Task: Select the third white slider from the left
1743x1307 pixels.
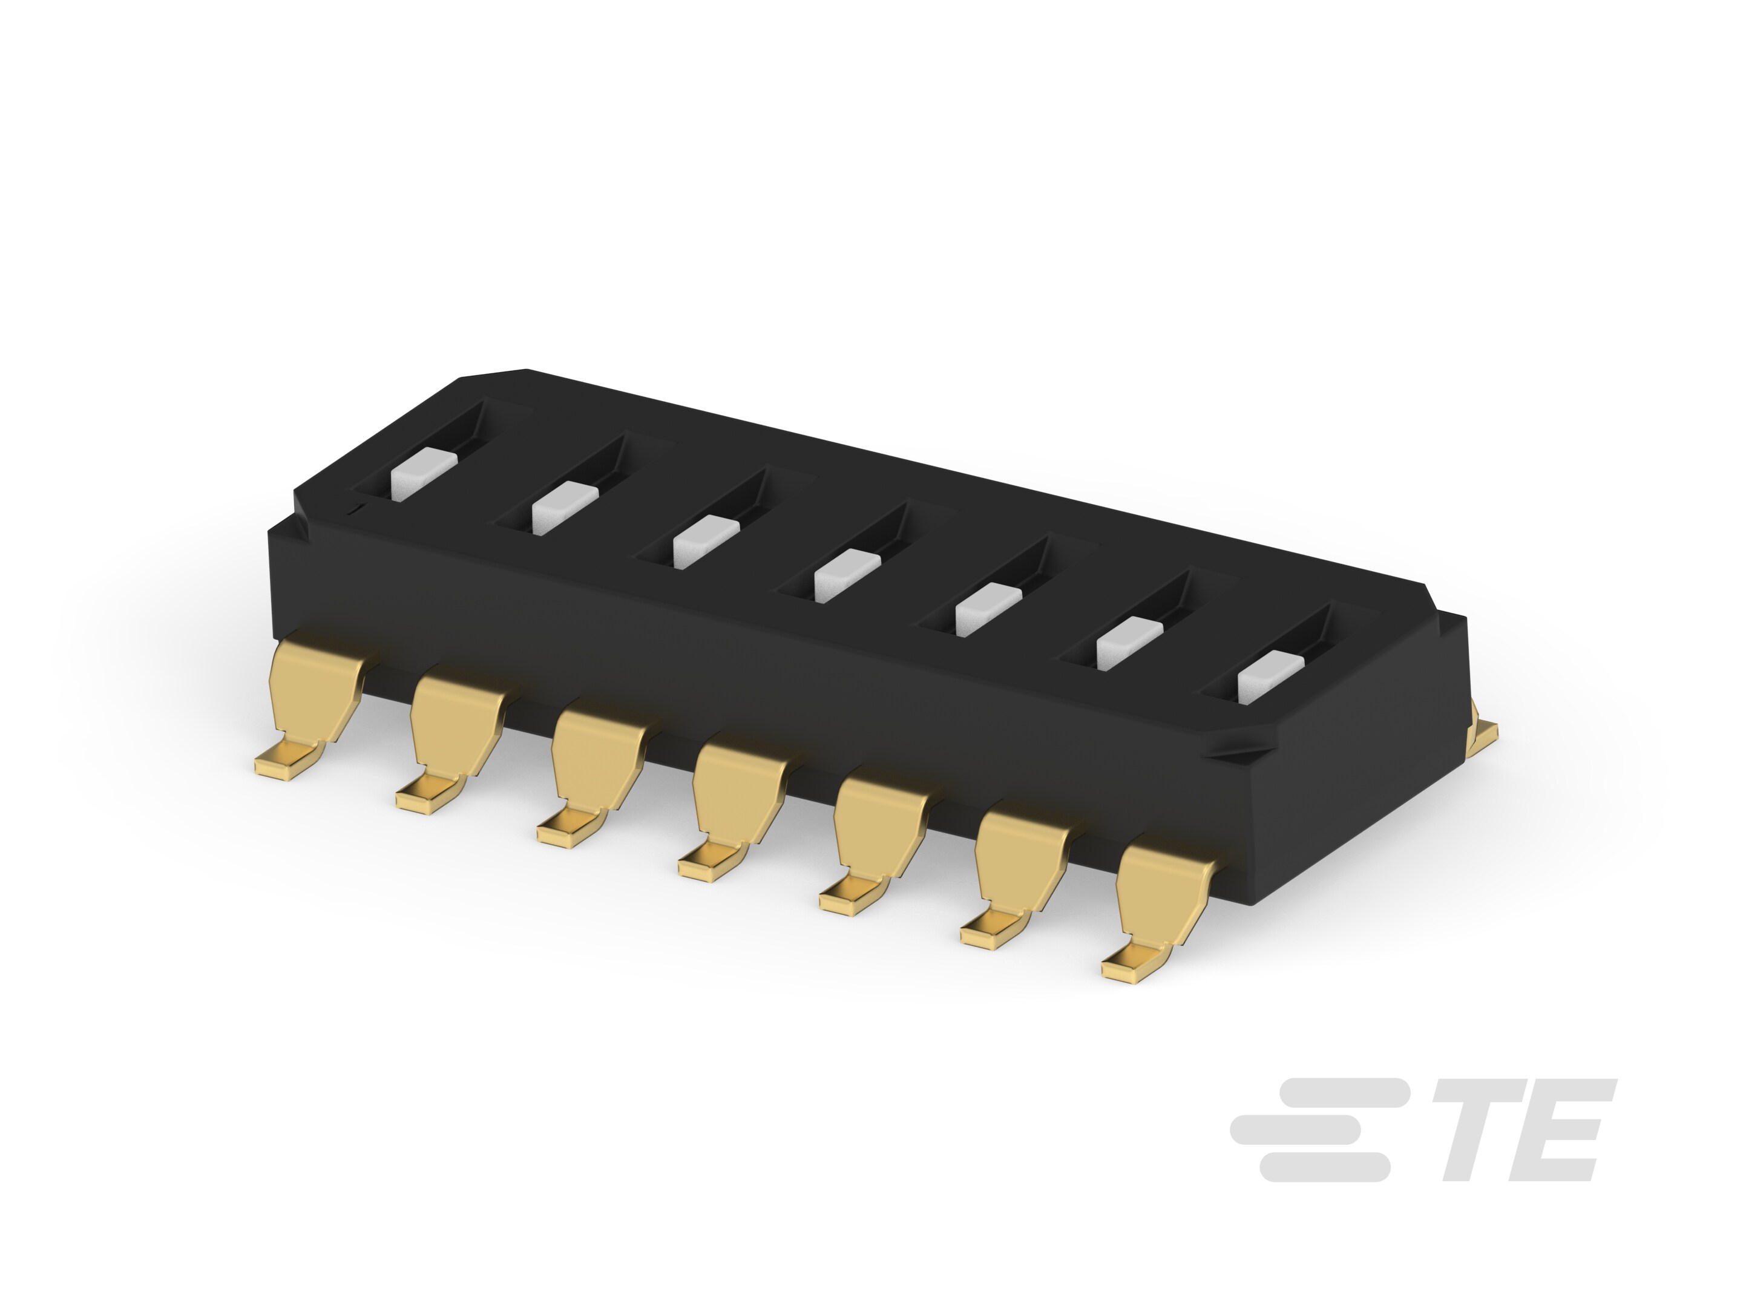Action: point(706,542)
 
